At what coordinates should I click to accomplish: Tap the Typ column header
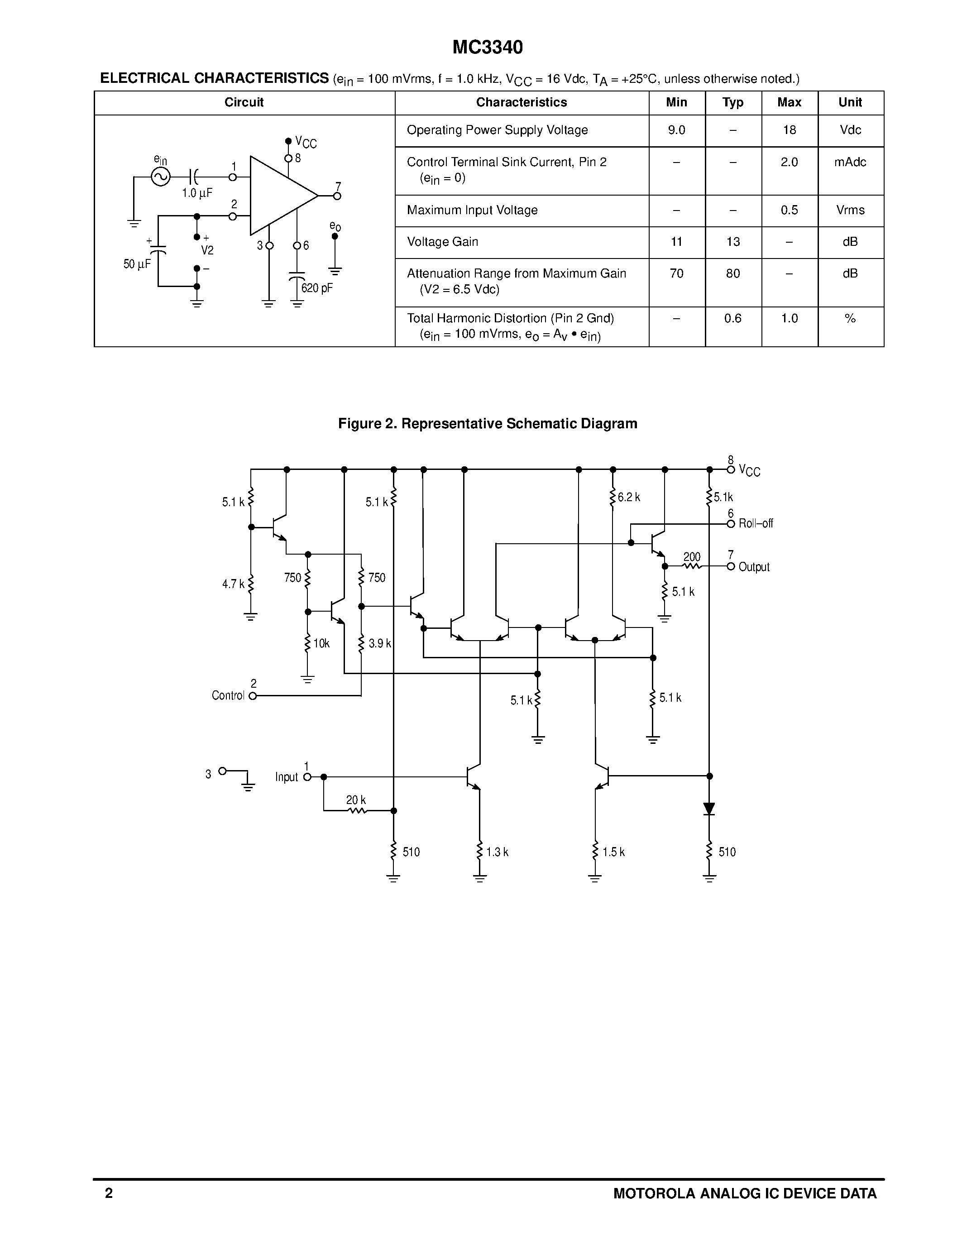[732, 103]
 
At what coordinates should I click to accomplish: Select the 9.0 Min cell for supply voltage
[676, 130]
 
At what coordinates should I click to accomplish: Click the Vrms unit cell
[850, 211]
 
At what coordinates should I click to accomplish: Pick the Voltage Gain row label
[442, 242]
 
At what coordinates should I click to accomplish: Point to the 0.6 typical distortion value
[732, 319]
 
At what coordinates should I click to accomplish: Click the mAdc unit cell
[850, 163]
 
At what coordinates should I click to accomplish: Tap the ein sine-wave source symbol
[161, 177]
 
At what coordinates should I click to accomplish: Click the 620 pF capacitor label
[317, 288]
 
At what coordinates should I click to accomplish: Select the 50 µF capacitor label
[137, 264]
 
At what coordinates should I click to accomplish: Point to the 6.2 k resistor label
[629, 497]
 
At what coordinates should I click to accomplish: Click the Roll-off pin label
[755, 523]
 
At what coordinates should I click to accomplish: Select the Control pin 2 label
[228, 695]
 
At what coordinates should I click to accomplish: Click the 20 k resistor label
[356, 800]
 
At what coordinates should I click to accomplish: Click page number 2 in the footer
[109, 1193]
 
